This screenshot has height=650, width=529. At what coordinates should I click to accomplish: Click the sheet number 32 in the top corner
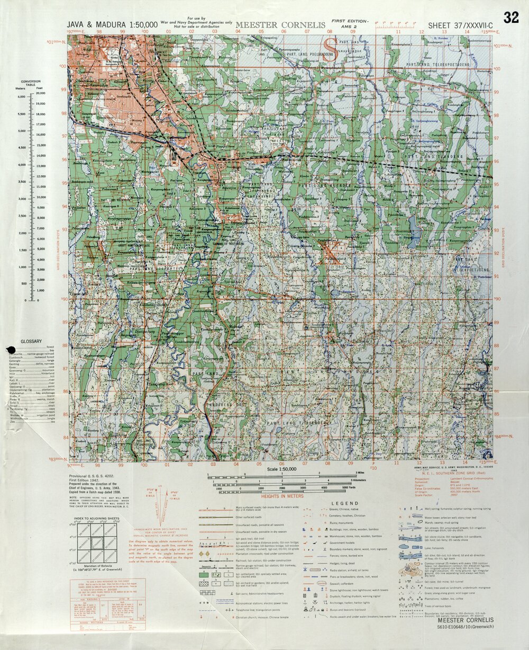pos(511,17)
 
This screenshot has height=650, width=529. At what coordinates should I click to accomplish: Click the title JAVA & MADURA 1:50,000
pos(112,24)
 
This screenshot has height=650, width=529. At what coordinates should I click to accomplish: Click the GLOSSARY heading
pos(31,341)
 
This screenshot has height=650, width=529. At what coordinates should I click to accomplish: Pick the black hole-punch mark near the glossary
pos(10,349)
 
